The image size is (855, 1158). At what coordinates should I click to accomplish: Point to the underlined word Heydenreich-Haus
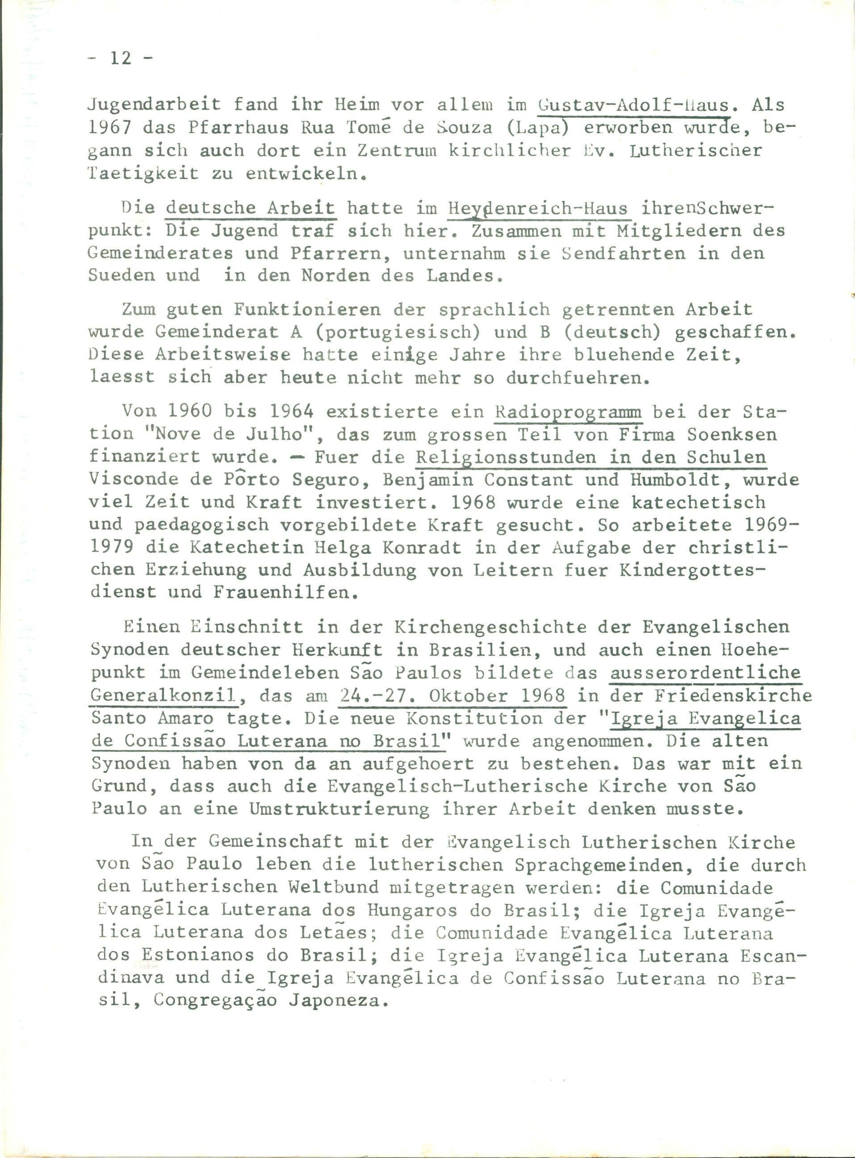click(x=538, y=209)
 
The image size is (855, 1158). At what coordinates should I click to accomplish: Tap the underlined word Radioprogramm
click(x=569, y=413)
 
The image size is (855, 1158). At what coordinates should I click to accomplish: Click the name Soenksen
click(x=732, y=435)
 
